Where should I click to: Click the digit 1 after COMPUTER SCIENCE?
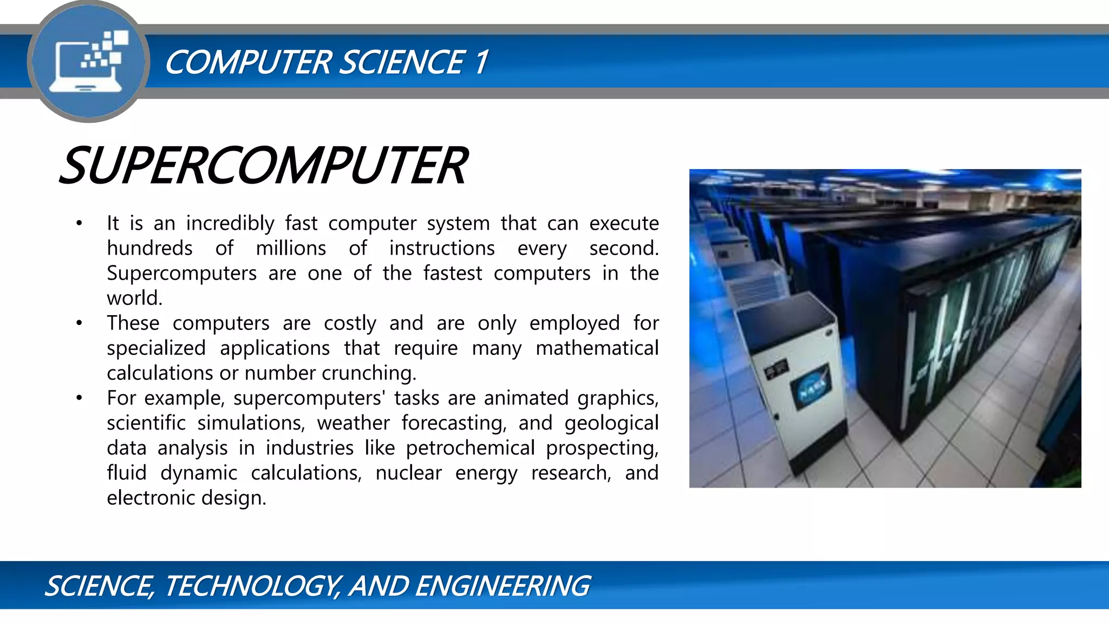pyautogui.click(x=480, y=62)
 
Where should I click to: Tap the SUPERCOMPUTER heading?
pyautogui.click(x=263, y=166)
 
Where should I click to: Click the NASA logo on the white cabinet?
pyautogui.click(x=811, y=386)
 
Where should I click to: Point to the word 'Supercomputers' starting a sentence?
pyautogui.click(x=181, y=273)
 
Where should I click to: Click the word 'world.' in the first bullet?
pyautogui.click(x=134, y=298)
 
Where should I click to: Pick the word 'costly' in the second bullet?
pyautogui.click(x=350, y=323)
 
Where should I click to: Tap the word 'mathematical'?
pyautogui.click(x=597, y=348)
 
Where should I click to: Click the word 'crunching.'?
pyautogui.click(x=369, y=373)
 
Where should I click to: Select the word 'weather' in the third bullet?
pyautogui.click(x=353, y=423)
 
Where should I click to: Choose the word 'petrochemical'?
pyautogui.click(x=470, y=448)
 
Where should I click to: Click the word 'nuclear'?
pyautogui.click(x=408, y=473)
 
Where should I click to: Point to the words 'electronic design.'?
pyautogui.click(x=186, y=498)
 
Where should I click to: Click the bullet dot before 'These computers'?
pyautogui.click(x=79, y=323)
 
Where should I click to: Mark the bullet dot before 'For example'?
pyautogui.click(x=79, y=398)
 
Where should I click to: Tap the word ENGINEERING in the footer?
pyautogui.click(x=502, y=586)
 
